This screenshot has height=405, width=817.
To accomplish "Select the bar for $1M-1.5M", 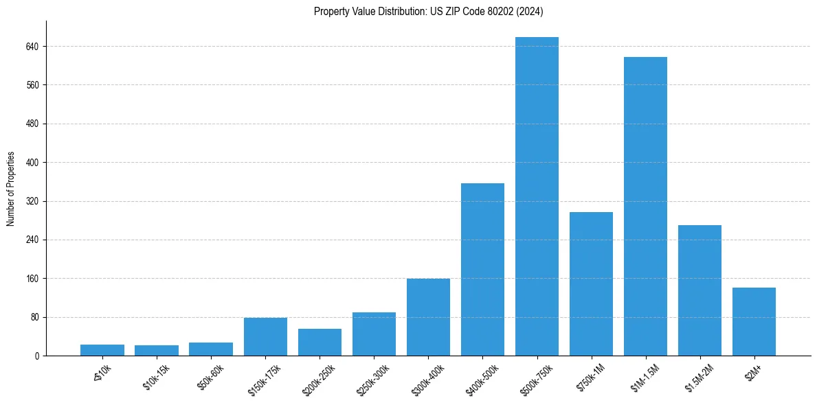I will [645, 206].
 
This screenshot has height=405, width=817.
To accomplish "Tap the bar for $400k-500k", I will [482, 269].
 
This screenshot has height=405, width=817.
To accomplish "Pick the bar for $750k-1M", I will [591, 283].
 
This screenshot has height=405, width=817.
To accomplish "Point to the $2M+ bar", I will [754, 321].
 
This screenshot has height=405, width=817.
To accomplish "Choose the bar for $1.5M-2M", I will [700, 290].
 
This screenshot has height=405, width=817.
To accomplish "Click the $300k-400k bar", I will [428, 317].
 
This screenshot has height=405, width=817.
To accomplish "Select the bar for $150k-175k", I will [265, 336].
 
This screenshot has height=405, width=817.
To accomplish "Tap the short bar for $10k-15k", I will [157, 350].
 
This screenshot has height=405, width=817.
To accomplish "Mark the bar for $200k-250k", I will [320, 342].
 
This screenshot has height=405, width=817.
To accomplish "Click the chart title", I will [429, 11].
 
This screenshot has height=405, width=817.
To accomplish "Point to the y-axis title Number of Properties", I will [11, 189].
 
